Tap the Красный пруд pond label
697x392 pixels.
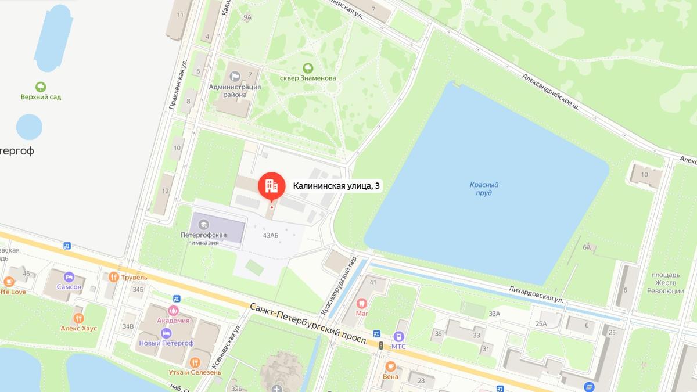(x=484, y=189)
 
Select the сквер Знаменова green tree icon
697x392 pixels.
(x=307, y=67)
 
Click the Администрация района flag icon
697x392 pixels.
(x=235, y=76)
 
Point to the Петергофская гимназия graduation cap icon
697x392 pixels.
(x=203, y=224)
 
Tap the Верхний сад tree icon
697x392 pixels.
(x=41, y=87)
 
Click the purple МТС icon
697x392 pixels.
(x=398, y=336)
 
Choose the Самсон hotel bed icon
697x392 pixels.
(x=69, y=276)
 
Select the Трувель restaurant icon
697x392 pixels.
(x=113, y=277)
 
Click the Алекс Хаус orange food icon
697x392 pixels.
(x=78, y=318)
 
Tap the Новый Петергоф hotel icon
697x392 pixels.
(x=166, y=333)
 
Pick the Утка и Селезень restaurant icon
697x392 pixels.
(x=195, y=361)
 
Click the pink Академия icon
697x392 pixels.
(x=173, y=310)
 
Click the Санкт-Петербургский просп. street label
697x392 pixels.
(x=309, y=325)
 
